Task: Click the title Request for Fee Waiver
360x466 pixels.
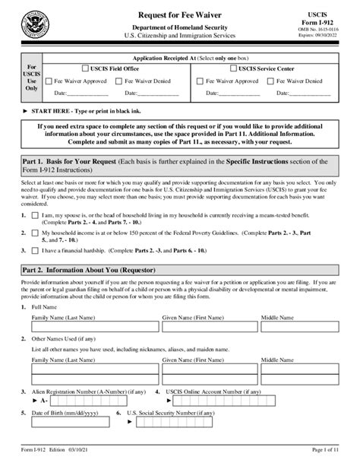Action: coord(180,15)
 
